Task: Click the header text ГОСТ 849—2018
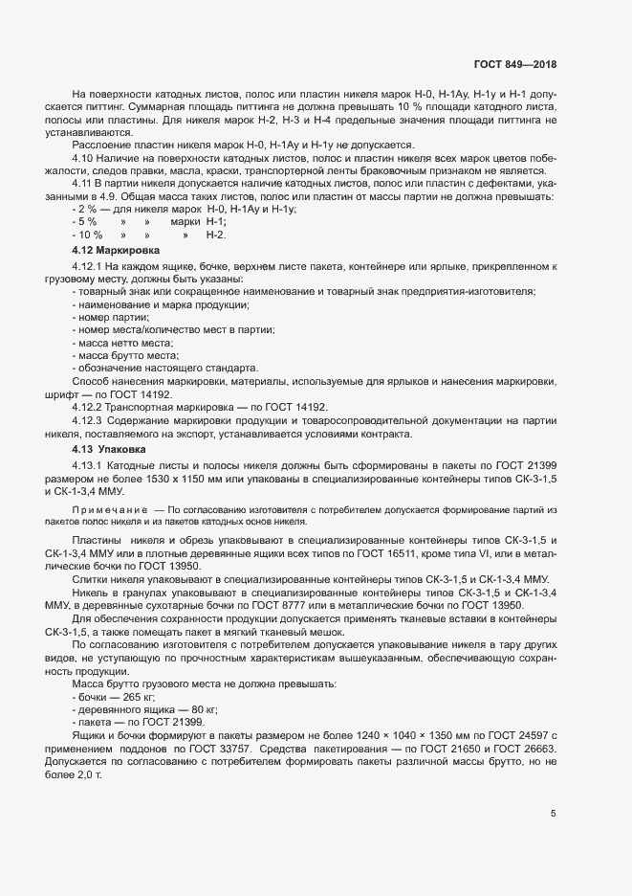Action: [514, 64]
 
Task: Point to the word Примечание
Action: [108, 511]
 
